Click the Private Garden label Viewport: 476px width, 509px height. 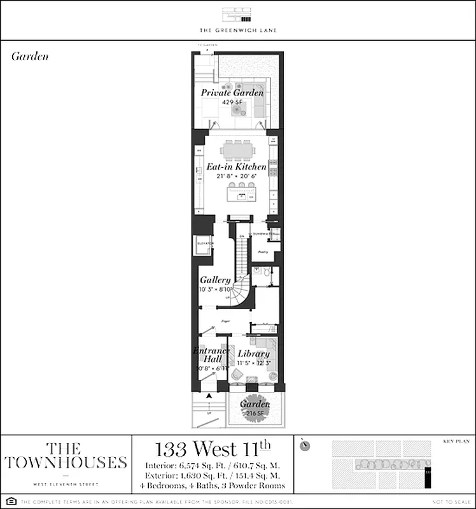[x=232, y=93]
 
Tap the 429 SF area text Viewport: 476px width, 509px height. [x=232, y=102]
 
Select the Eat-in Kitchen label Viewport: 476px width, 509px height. [x=236, y=167]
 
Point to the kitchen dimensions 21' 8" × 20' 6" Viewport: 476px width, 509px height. [x=236, y=176]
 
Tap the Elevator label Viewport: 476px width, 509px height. [x=204, y=244]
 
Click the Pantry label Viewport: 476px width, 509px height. [x=262, y=252]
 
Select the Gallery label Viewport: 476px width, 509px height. [x=215, y=281]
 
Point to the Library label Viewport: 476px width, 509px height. [x=253, y=354]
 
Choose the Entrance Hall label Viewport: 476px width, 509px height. [x=212, y=355]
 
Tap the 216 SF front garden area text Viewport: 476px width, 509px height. [x=255, y=413]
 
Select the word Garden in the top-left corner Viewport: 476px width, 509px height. [x=30, y=56]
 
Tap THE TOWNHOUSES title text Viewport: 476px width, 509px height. [x=66, y=456]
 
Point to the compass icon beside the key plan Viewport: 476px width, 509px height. [x=305, y=446]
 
